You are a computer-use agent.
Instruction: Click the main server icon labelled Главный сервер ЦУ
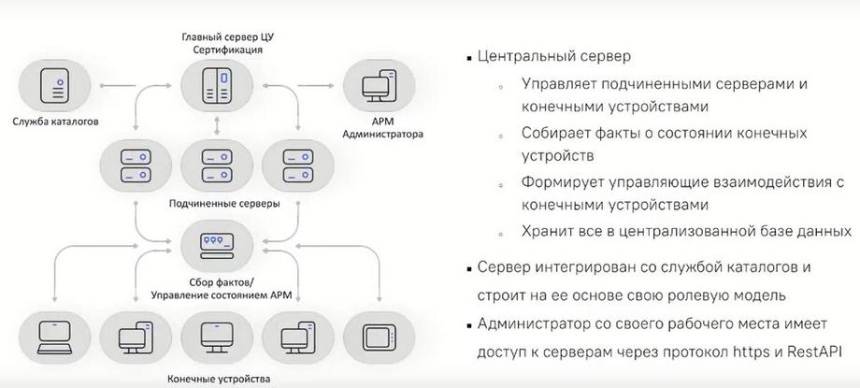217,86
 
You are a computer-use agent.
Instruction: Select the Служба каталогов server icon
55,86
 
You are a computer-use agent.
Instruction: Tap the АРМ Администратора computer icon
379,86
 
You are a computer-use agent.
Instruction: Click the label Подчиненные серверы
224,204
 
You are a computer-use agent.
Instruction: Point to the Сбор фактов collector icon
217,245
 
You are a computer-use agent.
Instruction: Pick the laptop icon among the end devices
55,337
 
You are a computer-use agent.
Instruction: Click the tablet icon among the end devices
379,337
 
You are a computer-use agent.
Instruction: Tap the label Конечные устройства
219,380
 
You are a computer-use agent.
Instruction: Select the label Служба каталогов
55,122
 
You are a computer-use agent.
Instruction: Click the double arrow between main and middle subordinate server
217,125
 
